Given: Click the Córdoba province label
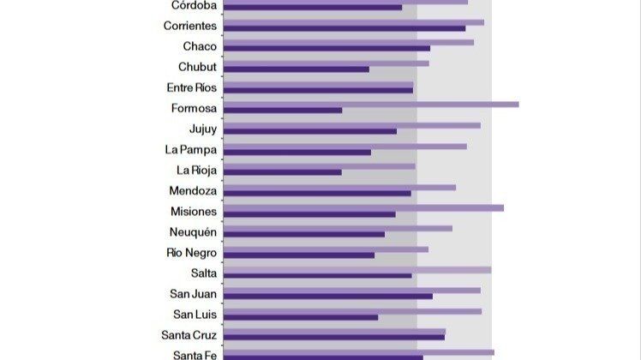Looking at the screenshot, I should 193,5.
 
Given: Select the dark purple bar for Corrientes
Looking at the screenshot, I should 344,28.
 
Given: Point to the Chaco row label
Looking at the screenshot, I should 200,46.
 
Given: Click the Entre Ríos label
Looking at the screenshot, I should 192,87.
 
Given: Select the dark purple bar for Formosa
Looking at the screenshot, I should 282,111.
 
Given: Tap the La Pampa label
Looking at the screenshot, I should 191,149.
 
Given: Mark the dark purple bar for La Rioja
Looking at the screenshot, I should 282,172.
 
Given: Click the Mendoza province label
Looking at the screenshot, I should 193,191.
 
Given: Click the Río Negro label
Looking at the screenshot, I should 192,253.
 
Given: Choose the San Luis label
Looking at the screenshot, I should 195,315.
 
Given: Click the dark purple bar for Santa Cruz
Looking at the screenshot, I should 333,337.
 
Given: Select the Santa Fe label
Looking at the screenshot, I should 195,355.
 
